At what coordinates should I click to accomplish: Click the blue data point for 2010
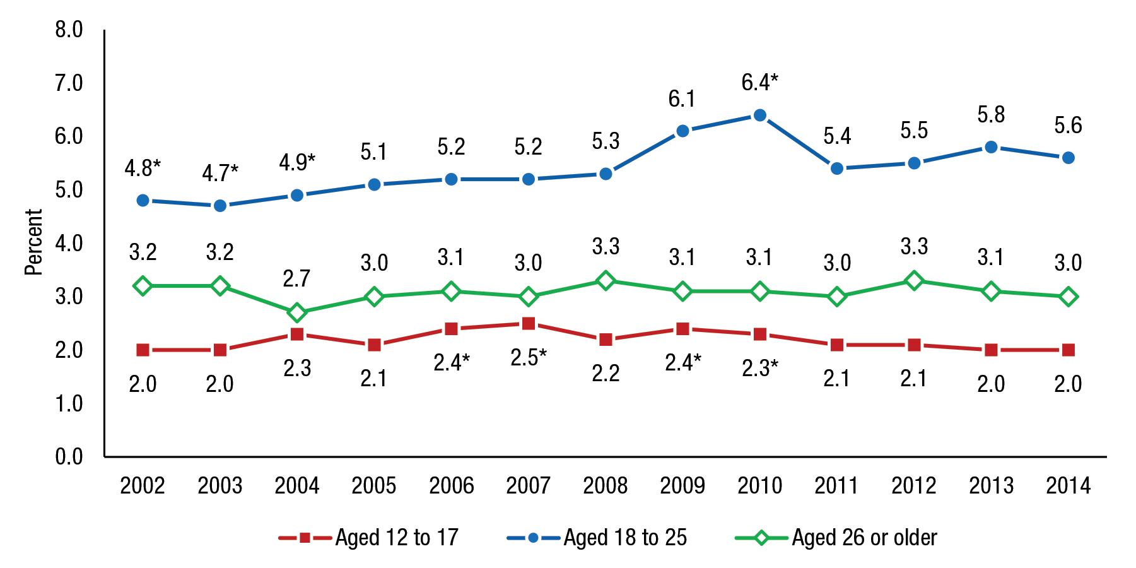coord(759,115)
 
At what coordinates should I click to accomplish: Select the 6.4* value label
coord(759,83)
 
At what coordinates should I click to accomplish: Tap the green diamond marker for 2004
coord(297,312)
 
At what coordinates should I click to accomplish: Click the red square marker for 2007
coord(529,324)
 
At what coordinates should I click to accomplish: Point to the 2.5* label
coord(529,358)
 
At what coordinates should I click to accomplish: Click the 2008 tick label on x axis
coord(606,485)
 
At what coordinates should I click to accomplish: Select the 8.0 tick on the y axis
coord(69,30)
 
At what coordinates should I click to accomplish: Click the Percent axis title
coord(33,242)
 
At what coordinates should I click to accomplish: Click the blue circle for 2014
coord(1068,158)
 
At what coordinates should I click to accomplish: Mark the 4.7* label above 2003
coord(220,173)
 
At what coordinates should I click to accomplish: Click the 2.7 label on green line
coord(296,278)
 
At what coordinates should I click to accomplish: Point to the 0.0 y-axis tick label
coord(69,456)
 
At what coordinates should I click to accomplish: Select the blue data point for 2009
coord(682,131)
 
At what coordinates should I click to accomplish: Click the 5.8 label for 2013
coord(991,115)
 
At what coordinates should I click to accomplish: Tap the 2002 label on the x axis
coord(143,485)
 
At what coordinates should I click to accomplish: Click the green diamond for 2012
coord(914,281)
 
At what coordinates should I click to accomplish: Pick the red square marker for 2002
coord(143,350)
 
